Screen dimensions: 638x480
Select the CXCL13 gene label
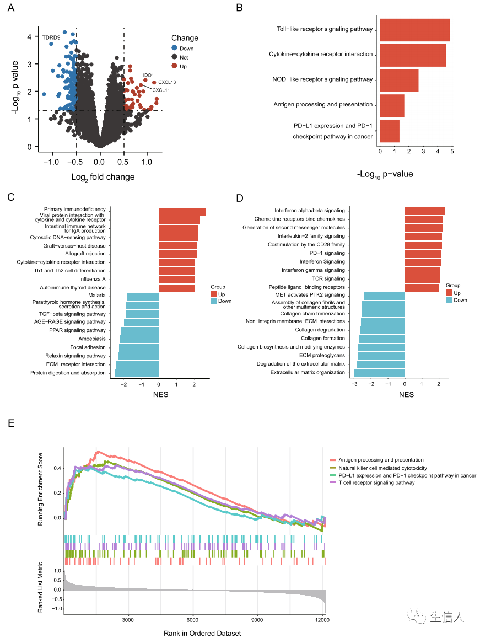click(167, 82)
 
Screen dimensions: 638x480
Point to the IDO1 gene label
click(149, 75)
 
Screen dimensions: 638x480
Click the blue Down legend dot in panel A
click(175, 49)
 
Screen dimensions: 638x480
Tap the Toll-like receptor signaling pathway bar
click(414, 30)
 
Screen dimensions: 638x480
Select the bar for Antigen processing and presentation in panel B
click(392, 105)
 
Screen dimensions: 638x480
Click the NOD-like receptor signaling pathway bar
click(399, 81)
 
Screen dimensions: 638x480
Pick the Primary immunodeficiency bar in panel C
click(182, 212)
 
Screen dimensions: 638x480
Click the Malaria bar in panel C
click(143, 297)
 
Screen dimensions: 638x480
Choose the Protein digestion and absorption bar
click(137, 373)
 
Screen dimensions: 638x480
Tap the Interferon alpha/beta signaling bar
click(424, 211)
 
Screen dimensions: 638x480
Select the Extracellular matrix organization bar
click(379, 373)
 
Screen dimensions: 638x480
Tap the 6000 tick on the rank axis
click(193, 619)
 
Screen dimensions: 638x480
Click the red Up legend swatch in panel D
click(449, 293)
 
